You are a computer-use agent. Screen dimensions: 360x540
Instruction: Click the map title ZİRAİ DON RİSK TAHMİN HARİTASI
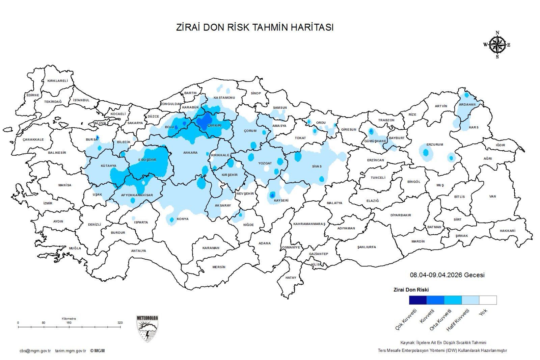pos(255,27)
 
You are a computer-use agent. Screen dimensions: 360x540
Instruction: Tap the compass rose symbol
pos(497,45)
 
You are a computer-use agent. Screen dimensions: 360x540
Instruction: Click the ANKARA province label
pos(190,153)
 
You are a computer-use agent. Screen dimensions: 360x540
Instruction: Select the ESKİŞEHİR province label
pos(147,160)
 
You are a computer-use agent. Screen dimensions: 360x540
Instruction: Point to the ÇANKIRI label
pos(214,125)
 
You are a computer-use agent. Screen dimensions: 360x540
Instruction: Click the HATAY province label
pos(291,278)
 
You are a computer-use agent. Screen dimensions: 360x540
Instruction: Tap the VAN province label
pos(492,196)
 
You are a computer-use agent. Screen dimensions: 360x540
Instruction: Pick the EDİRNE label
pos(33,95)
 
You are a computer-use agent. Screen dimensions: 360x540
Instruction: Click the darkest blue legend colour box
pos(417,300)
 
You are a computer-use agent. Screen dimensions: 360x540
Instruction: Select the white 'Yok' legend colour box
pos(488,300)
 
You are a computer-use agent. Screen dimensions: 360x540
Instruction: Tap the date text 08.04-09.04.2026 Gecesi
pos(447,275)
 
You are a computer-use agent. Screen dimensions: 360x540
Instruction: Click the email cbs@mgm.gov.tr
pos(35,351)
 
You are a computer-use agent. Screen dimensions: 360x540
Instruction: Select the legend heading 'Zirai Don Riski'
pos(411,290)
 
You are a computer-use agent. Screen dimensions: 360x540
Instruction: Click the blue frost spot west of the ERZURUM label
pos(426,152)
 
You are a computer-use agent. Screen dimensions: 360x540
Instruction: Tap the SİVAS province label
pos(317,166)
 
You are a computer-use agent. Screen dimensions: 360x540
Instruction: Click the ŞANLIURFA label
pos(367,247)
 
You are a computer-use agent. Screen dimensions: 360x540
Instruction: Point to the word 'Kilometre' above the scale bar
pos(69,318)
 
